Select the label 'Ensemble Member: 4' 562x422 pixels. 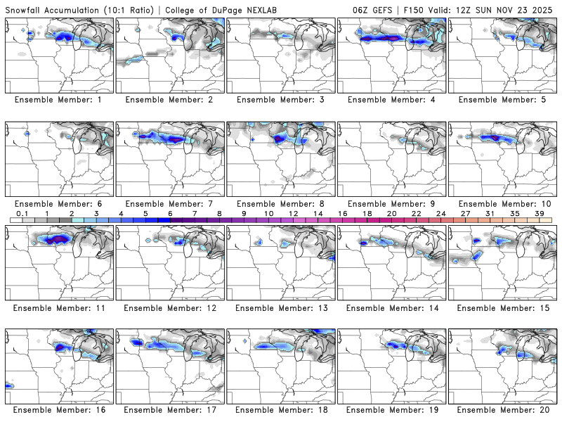pos(392,100)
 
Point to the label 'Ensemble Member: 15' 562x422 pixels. pos(503,307)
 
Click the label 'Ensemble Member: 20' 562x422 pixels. pos(503,410)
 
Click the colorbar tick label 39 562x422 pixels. pos(538,213)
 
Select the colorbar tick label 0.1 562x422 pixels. pos(22,213)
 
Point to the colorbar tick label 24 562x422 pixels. pos(440,213)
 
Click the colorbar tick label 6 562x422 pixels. pos(170,213)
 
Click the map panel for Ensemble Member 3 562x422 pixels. pos(281,56)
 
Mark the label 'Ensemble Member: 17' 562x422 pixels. pos(170,410)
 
